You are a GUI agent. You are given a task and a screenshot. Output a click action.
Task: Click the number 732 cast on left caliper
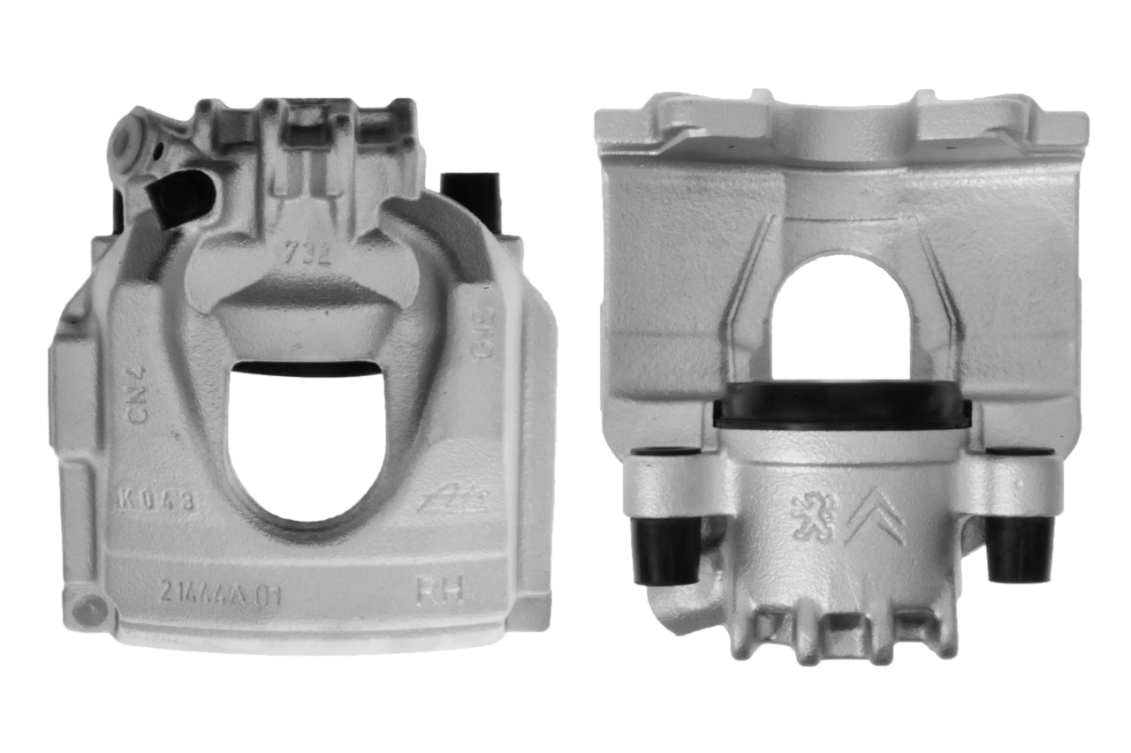click(x=307, y=254)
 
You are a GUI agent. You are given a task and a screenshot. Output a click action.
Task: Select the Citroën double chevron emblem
click(x=874, y=516)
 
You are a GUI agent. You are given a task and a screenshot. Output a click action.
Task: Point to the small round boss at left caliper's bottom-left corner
click(x=87, y=608)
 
